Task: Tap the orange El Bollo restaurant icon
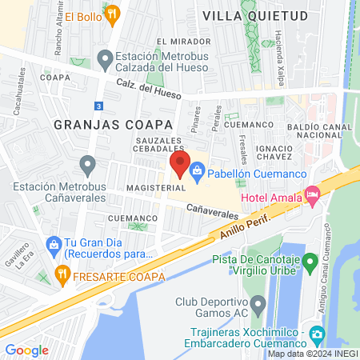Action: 113,13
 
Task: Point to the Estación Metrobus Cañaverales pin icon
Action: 88,165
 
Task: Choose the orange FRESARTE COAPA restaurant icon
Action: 62,277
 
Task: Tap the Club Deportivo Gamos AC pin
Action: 258,304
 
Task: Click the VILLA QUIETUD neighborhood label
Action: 244,15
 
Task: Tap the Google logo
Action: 27,350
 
